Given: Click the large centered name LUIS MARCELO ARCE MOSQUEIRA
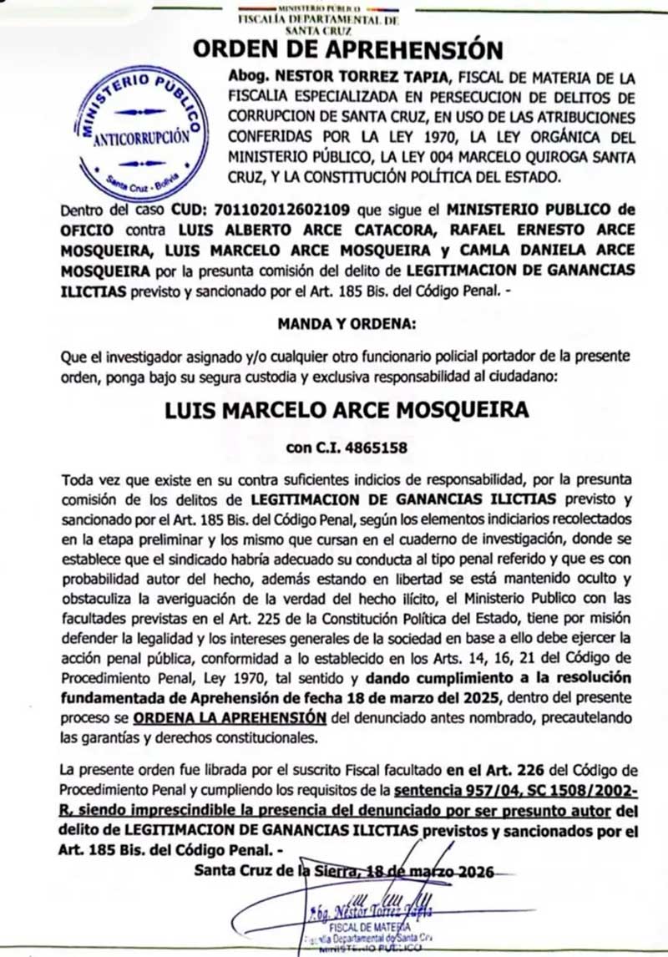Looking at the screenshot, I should (x=347, y=411).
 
